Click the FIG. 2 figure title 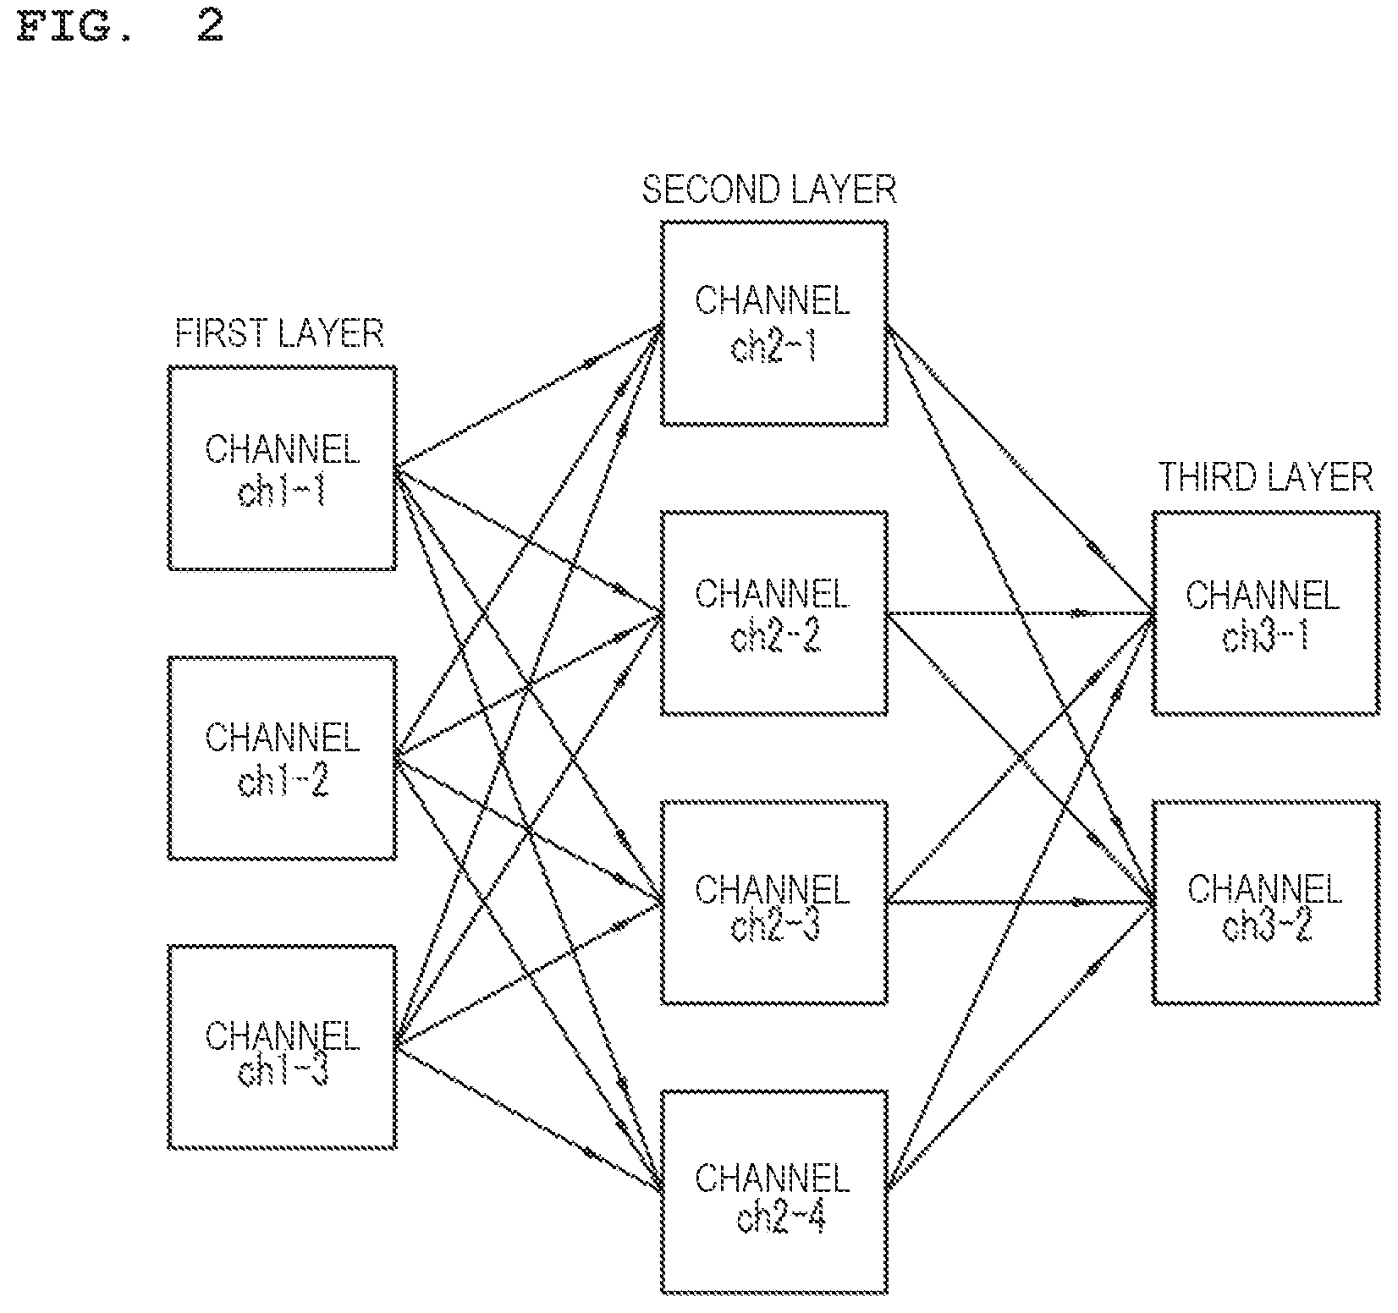(119, 26)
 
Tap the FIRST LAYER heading (279, 334)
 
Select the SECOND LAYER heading (769, 190)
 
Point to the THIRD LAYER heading (1265, 478)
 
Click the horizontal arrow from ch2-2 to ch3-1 (1020, 613)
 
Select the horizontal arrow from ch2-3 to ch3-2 (1020, 903)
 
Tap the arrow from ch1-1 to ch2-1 (528, 395)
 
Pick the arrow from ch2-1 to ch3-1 (1020, 468)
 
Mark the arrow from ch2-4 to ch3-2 (1020, 1047)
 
